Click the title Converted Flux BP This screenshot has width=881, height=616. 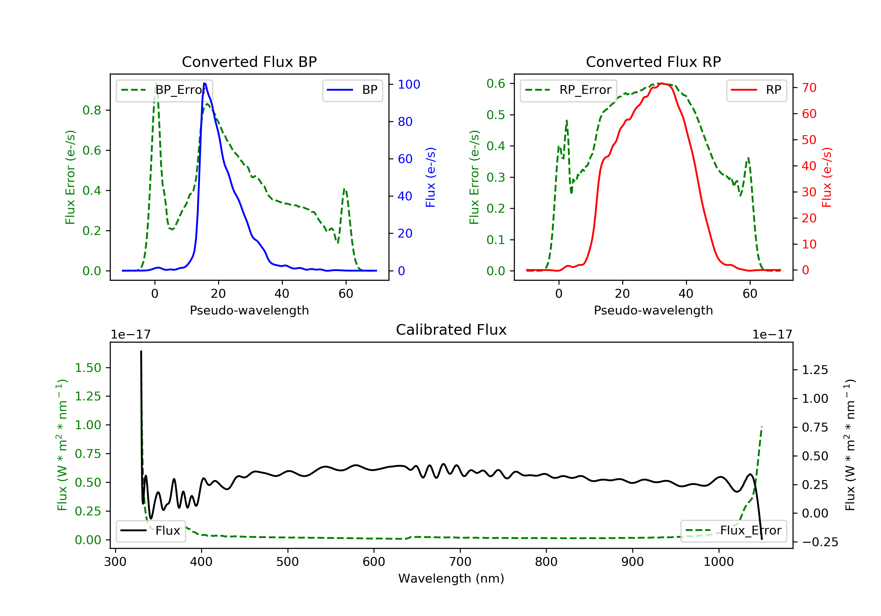(249, 62)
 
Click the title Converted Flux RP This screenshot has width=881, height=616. (653, 62)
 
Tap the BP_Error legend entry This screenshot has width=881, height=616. (164, 90)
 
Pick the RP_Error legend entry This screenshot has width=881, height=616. (568, 90)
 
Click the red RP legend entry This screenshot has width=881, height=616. (756, 90)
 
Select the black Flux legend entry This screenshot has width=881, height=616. (151, 531)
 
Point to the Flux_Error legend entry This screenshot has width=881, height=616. (733, 531)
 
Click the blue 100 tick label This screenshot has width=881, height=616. (409, 84)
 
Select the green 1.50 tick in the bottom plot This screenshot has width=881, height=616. (88, 368)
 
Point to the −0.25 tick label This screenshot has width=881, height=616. (820, 542)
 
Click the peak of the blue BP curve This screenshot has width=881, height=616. (204, 83)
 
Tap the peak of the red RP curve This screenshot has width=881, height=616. (662, 83)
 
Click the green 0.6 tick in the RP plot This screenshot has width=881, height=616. (495, 84)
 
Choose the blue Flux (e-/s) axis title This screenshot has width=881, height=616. (431, 177)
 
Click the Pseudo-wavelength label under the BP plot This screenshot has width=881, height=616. (249, 310)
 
